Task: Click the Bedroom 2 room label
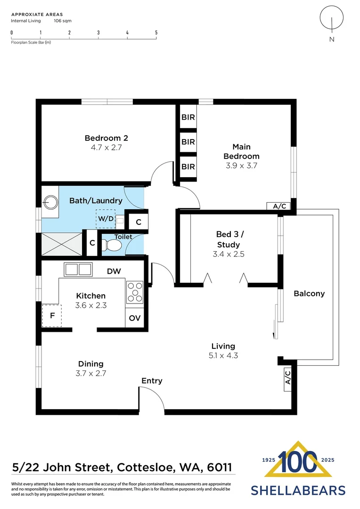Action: click(x=106, y=138)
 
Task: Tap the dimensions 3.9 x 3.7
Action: click(x=241, y=165)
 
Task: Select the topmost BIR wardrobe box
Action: click(x=188, y=117)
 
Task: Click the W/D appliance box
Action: click(x=106, y=219)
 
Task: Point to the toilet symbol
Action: click(x=112, y=246)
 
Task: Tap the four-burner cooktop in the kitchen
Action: click(x=134, y=291)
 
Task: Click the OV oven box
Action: click(x=135, y=318)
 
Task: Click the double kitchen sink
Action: click(x=78, y=270)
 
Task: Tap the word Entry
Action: click(x=152, y=381)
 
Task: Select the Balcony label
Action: click(x=309, y=294)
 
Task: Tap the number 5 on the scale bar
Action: click(x=156, y=33)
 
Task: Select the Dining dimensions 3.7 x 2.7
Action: click(x=91, y=373)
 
